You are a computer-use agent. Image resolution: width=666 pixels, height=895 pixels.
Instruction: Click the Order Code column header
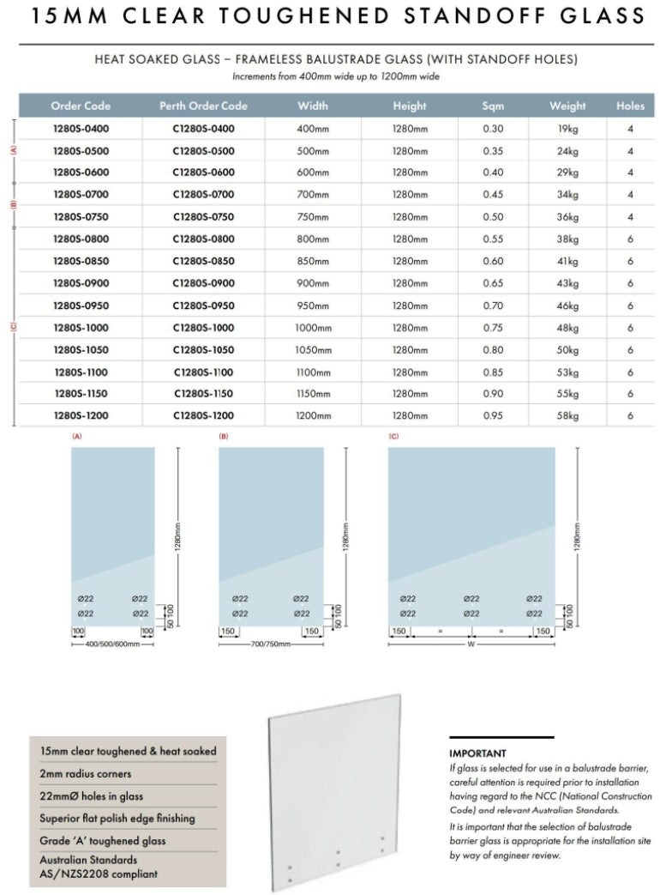pos(81,106)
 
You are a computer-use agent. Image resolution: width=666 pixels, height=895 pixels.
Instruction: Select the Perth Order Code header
pos(203,106)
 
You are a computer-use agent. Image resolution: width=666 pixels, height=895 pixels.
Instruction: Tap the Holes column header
pos(630,106)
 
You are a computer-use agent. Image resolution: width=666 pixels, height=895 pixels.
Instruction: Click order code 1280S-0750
pos(81,217)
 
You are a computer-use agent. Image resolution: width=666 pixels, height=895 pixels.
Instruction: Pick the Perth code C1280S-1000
pos(203,328)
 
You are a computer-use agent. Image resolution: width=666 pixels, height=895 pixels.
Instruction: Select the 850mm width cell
pos(313,262)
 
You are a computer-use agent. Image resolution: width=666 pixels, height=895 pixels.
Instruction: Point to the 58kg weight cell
pos(567,415)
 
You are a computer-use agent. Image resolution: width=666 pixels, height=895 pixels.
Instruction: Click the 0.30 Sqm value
pos(493,129)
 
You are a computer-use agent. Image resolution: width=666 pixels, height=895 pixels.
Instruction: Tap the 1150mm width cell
pos(313,394)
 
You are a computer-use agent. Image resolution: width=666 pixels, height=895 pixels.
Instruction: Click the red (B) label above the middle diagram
pos(224,437)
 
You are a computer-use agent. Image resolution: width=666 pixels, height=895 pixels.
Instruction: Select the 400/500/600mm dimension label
pos(106,644)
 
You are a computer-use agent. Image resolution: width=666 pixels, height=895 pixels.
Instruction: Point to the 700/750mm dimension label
pos(270,644)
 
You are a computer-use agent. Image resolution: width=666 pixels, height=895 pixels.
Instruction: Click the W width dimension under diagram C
pos(471,644)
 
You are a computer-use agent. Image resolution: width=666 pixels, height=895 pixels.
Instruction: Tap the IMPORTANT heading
pos(477,753)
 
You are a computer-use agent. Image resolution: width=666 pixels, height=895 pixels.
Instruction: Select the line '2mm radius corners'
pos(86,774)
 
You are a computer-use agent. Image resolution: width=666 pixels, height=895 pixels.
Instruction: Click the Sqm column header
pos(493,106)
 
